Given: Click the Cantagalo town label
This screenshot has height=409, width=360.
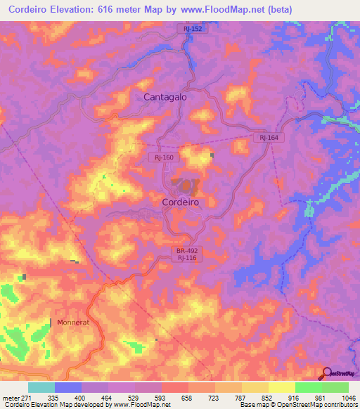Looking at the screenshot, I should (x=165, y=97).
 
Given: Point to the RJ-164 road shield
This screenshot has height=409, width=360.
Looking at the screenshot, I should (x=269, y=138).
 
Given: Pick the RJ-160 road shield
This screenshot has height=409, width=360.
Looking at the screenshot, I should (x=165, y=157).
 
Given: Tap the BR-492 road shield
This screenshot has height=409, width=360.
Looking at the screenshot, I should (x=186, y=249).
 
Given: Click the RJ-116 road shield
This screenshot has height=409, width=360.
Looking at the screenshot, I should (x=186, y=258).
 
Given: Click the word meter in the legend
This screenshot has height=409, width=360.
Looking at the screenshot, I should (x=9, y=398).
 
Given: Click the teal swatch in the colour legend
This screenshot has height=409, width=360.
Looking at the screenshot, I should (x=41, y=387).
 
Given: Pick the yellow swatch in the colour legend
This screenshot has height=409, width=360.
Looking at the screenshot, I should (x=281, y=387).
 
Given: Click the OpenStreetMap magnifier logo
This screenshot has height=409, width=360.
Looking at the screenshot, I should (x=326, y=373).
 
